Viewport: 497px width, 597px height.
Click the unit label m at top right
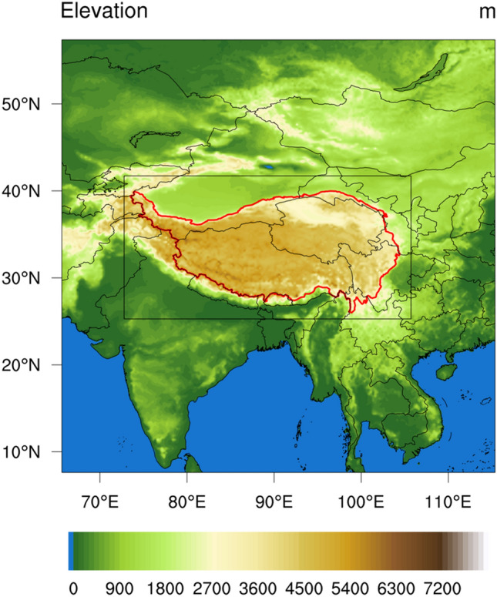[x=485, y=12]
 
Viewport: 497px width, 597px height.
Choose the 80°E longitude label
[x=187, y=502]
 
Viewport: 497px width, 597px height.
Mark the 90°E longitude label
[x=274, y=502]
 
